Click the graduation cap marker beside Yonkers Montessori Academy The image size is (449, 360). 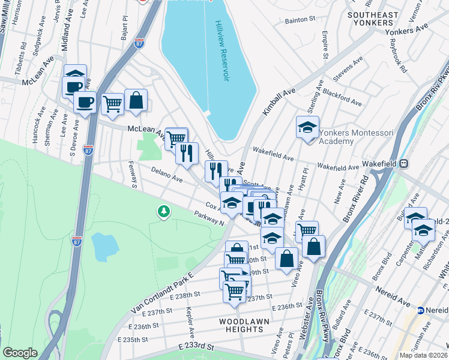307,128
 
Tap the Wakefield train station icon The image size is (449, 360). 405,163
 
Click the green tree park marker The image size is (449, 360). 163,211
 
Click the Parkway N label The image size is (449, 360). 209,218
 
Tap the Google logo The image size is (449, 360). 20,353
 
